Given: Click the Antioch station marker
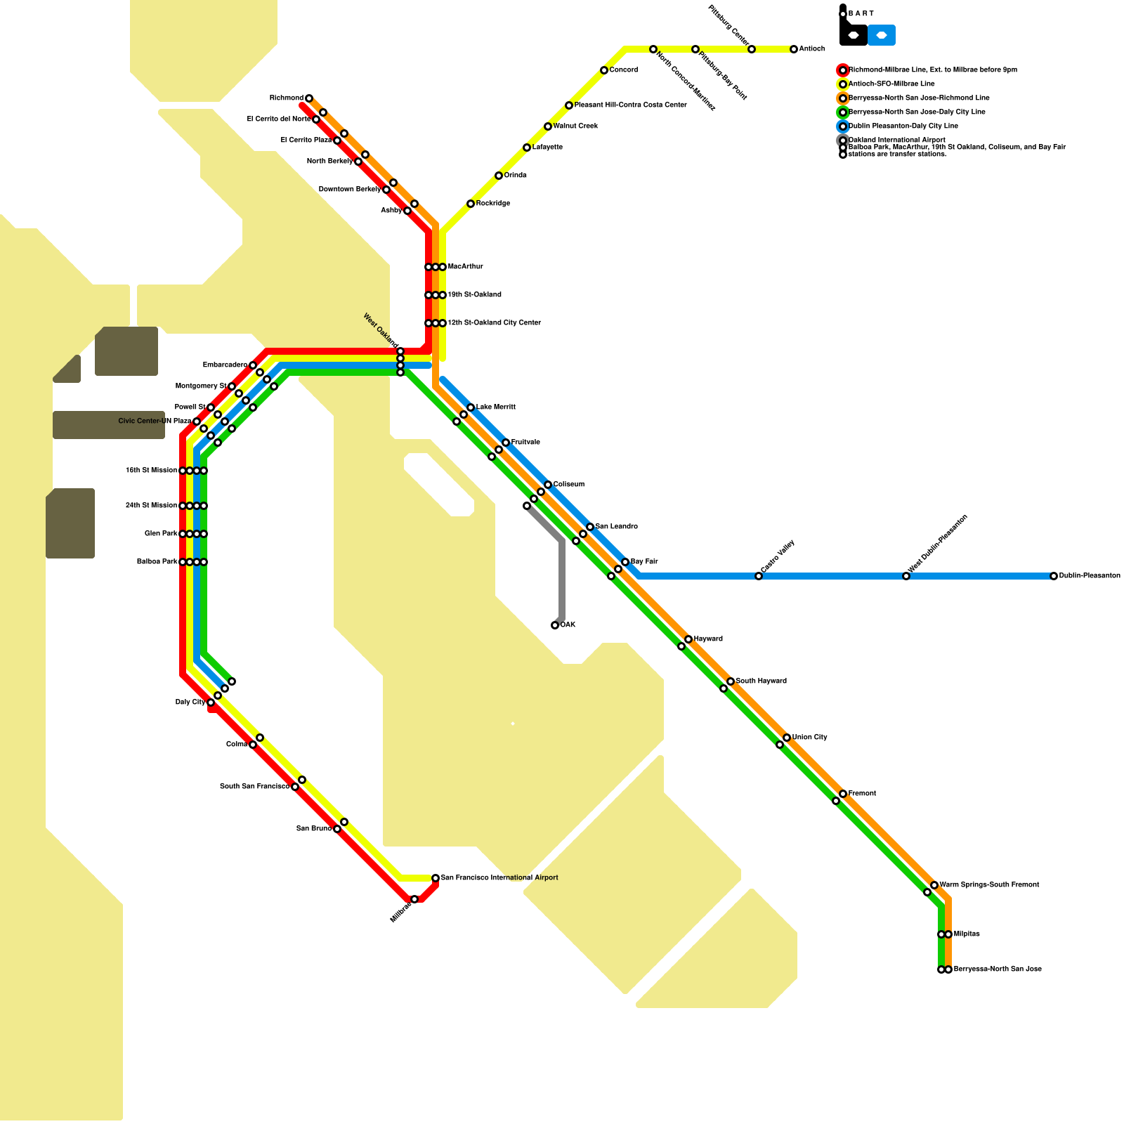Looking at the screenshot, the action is tap(794, 49).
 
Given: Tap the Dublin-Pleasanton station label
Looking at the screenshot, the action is tap(1090, 576).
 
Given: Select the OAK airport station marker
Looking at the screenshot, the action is tap(555, 625).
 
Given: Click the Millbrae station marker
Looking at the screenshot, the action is tap(414, 899).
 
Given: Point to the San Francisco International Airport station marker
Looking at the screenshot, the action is tap(436, 878).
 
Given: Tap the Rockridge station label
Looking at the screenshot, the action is tap(493, 204).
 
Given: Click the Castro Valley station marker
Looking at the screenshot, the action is tap(759, 576).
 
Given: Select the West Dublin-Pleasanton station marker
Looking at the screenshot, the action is tap(906, 576).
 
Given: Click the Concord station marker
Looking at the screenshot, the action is tap(604, 70).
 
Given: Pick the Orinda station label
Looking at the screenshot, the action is tap(516, 176).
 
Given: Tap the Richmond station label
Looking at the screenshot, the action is tap(286, 98).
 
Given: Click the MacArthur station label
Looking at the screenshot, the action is tap(466, 267).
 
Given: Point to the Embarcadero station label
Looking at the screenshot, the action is tap(225, 365).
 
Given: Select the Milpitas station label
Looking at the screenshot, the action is tap(967, 934).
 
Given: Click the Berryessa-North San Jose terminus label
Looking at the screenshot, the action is tap(998, 969).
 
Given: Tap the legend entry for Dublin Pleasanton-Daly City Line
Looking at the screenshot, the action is tap(903, 126).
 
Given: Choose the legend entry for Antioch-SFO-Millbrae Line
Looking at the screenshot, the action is tap(891, 84).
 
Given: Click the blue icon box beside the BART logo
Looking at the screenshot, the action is tap(882, 35).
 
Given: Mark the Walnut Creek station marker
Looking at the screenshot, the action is tap(548, 126).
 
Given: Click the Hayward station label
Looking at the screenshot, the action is tap(708, 639).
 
